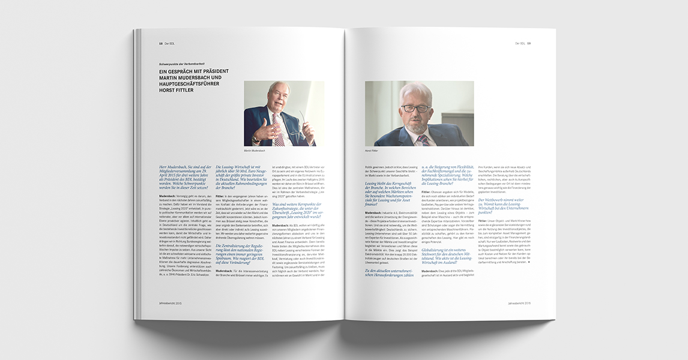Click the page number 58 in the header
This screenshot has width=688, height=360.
click(x=160, y=43)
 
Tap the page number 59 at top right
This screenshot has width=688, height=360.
click(x=529, y=43)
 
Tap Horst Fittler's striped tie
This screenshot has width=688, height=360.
click(x=423, y=140)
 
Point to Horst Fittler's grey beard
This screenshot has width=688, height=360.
click(x=417, y=125)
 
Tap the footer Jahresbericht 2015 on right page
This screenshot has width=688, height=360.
click(x=519, y=304)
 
